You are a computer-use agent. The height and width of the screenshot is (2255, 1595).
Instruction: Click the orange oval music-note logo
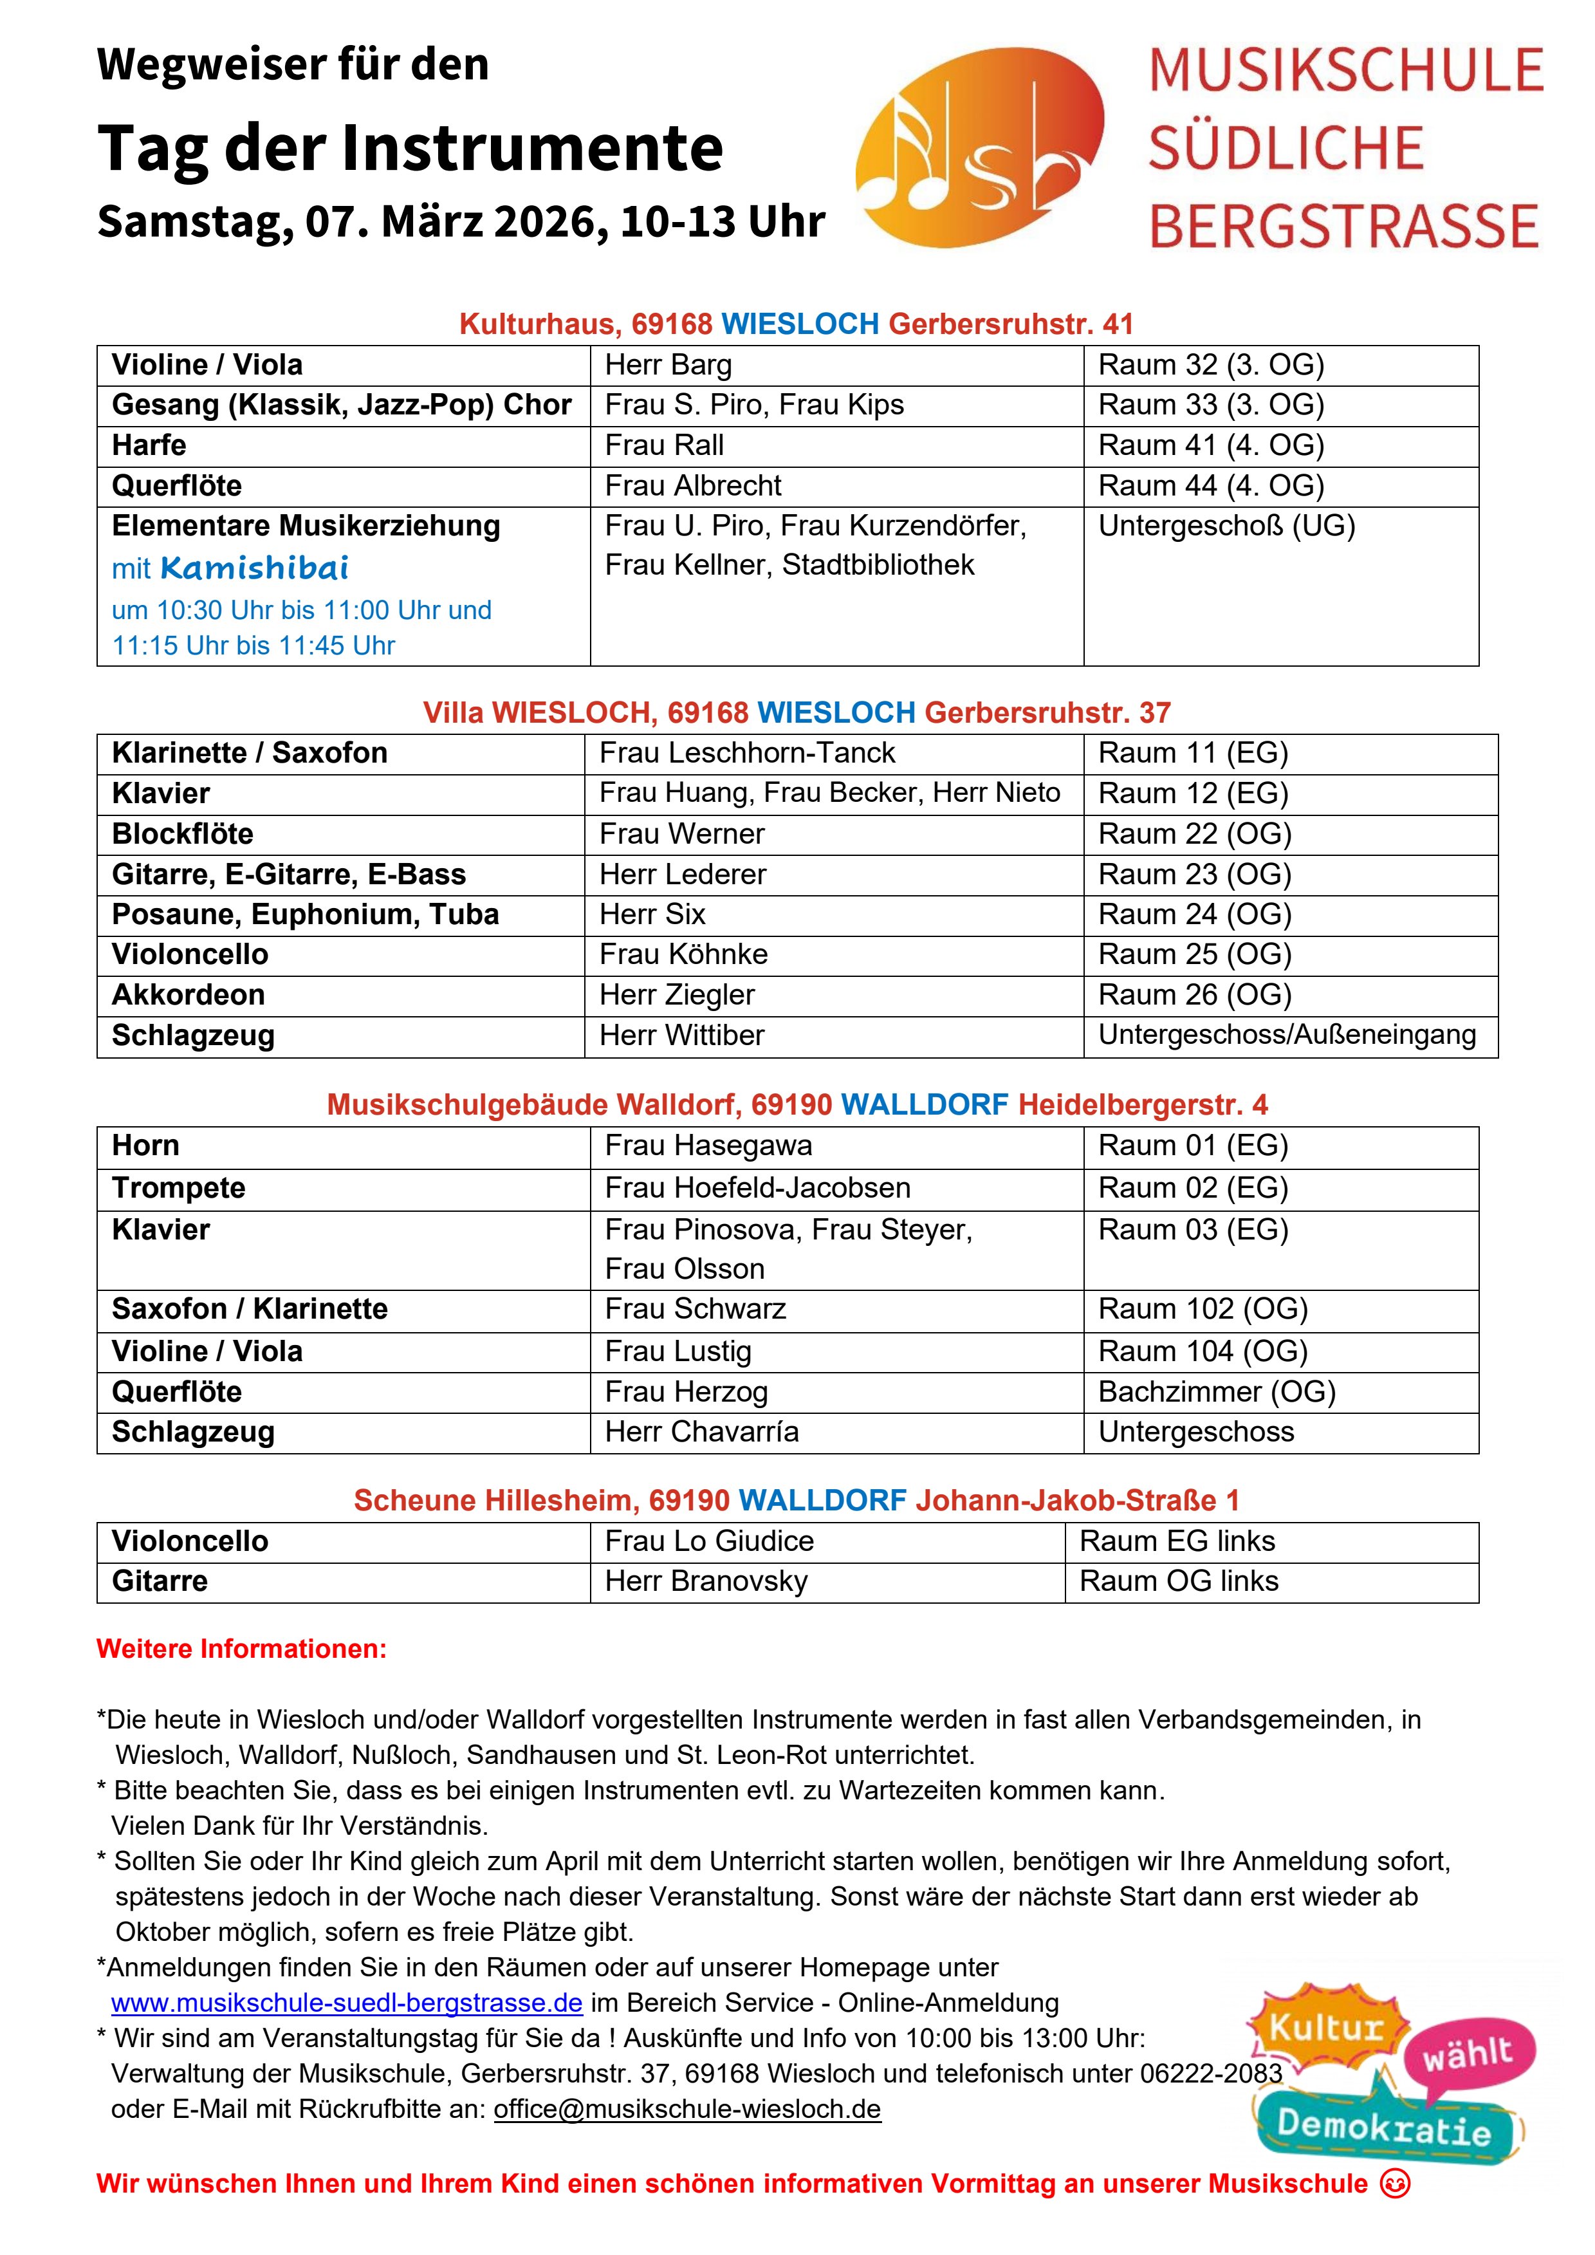pyautogui.click(x=979, y=147)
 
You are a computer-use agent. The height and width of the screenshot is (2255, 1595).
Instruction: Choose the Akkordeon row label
pyautogui.click(x=189, y=995)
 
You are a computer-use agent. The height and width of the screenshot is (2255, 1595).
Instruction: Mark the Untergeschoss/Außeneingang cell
pyautogui.click(x=1287, y=1035)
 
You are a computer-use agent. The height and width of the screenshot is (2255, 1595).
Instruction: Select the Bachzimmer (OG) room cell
pyautogui.click(x=1217, y=1392)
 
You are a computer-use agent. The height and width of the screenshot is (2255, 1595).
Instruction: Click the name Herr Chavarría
pyautogui.click(x=701, y=1432)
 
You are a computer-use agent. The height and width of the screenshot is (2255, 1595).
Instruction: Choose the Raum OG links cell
pyautogui.click(x=1179, y=1581)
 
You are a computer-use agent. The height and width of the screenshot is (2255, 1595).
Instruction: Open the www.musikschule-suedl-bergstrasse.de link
pyautogui.click(x=347, y=2003)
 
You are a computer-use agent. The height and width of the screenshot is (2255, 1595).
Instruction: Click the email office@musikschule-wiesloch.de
pyautogui.click(x=687, y=2109)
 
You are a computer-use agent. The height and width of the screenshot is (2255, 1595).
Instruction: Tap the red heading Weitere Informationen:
pyautogui.click(x=242, y=1649)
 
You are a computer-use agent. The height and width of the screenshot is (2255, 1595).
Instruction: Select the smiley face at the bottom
pyautogui.click(x=1395, y=2184)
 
